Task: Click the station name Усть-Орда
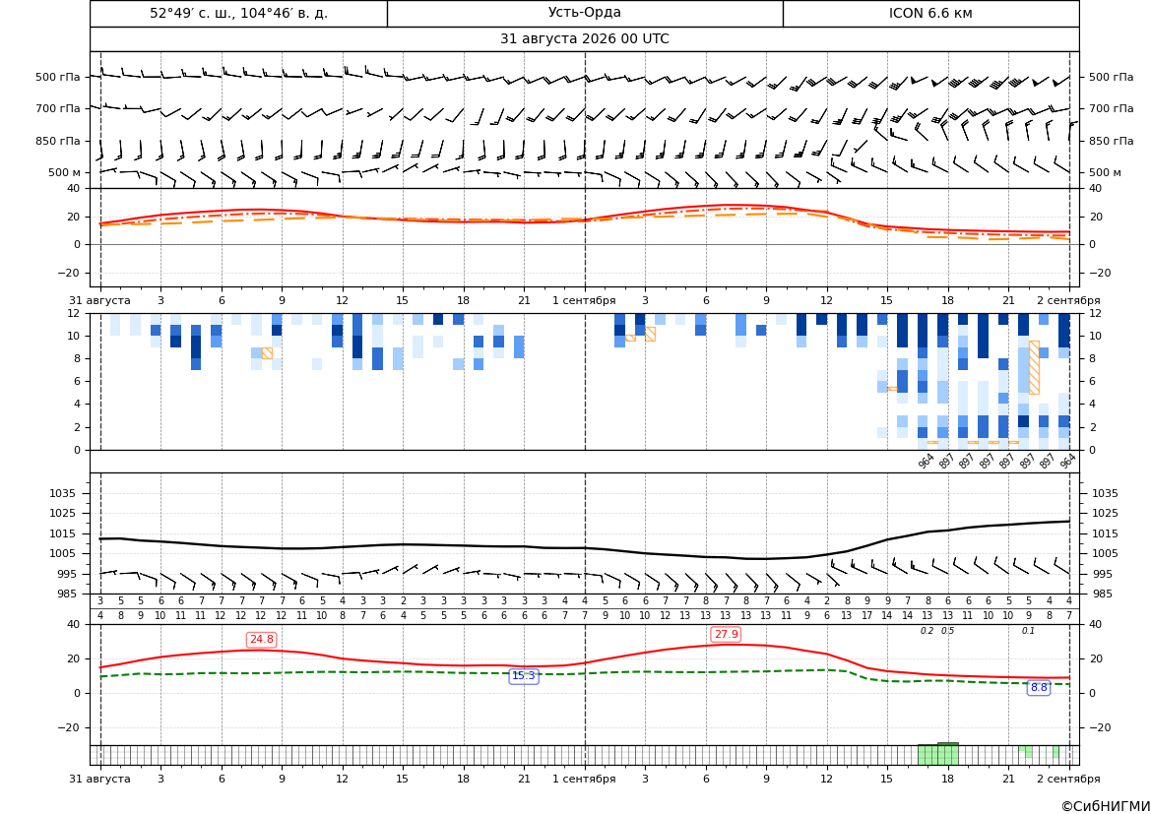point(584,13)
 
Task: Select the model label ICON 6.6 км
point(930,13)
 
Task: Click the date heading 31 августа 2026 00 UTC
point(584,39)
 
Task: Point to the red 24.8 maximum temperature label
point(261,640)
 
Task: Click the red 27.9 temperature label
point(726,634)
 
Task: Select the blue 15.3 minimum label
point(524,676)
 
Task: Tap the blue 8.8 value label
point(1039,688)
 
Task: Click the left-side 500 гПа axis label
point(58,77)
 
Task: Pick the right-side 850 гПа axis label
point(1111,141)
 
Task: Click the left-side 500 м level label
point(65,172)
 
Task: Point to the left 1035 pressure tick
point(65,493)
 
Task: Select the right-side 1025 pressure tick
point(1104,513)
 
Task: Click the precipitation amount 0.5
point(947,631)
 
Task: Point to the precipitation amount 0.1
point(1028,631)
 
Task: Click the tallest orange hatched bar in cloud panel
point(1034,368)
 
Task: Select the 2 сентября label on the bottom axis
point(1068,779)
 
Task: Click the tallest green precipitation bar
point(947,754)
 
